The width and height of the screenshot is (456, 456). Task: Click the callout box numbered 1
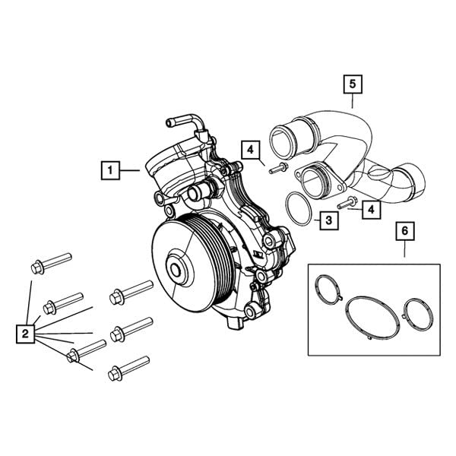111,170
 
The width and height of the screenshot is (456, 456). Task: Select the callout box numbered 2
25,332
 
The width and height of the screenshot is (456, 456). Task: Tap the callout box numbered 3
328,221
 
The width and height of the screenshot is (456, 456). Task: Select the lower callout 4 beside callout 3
370,207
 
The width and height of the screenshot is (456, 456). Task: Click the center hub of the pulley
176,270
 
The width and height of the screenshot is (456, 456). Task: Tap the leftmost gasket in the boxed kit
328,291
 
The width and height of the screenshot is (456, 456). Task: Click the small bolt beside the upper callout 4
278,168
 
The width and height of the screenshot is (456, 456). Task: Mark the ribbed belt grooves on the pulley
212,251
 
